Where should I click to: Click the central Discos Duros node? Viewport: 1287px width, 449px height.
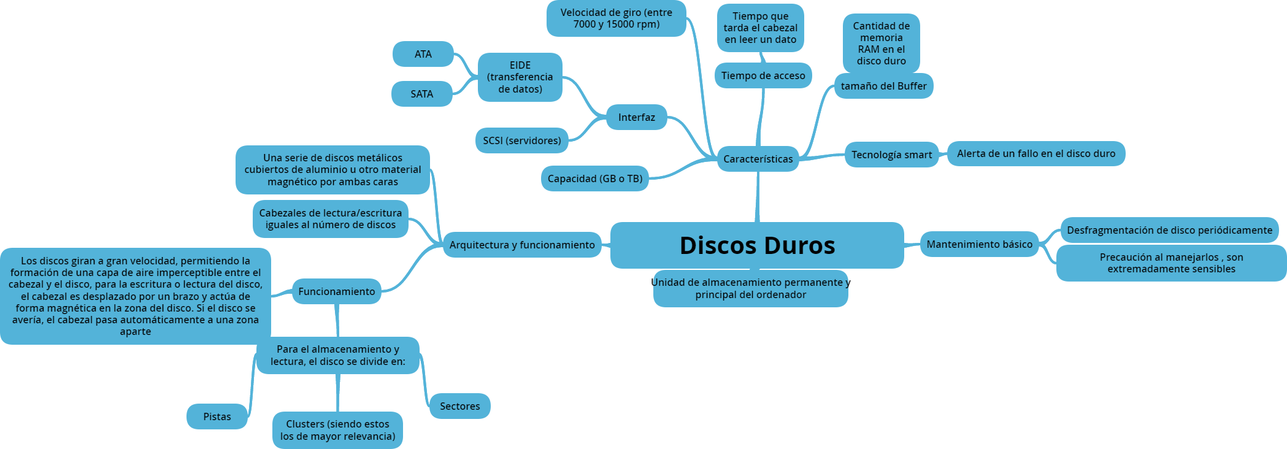click(x=757, y=245)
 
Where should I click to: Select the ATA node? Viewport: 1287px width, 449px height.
click(x=423, y=54)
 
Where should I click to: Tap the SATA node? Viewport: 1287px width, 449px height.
click(x=422, y=94)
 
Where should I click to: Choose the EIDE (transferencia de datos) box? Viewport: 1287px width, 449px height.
click(x=520, y=77)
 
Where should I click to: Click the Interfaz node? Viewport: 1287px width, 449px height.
click(x=636, y=117)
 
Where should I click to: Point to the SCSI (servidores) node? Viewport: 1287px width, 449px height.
click(x=521, y=140)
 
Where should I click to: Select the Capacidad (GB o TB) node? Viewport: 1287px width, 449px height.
click(x=594, y=178)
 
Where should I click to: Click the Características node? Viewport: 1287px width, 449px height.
click(x=758, y=159)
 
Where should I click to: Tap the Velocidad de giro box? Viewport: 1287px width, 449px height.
click(x=616, y=18)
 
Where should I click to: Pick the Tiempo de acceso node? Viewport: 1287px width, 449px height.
click(x=763, y=75)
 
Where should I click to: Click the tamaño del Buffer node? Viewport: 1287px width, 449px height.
click(x=883, y=86)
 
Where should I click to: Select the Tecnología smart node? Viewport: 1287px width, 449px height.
click(x=891, y=155)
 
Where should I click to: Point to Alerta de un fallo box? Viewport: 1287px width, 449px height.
click(x=1036, y=153)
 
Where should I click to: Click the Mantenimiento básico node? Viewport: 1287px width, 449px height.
click(x=979, y=244)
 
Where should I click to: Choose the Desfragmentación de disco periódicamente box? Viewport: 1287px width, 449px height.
click(x=1169, y=230)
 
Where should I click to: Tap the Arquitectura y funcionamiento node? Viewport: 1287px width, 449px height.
click(x=521, y=245)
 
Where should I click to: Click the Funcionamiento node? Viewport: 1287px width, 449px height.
click(x=336, y=291)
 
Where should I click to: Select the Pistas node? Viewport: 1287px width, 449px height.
click(x=217, y=416)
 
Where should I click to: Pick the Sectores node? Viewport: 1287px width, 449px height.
click(x=459, y=406)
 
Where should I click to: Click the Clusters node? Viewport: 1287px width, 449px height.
click(x=337, y=430)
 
